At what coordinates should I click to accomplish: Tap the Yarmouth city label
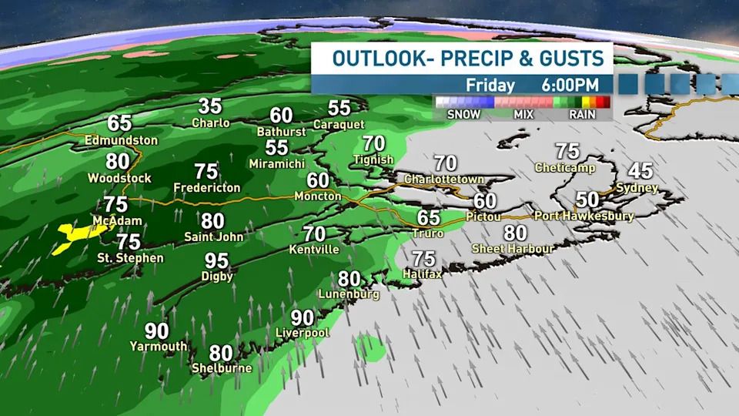[x=158, y=346]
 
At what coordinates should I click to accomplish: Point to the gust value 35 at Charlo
[x=210, y=106]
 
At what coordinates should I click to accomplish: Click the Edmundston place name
[x=122, y=140]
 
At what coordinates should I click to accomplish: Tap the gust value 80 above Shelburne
[x=221, y=352]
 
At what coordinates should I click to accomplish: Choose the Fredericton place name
[x=207, y=187]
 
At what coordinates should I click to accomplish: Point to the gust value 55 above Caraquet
[x=339, y=108]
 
